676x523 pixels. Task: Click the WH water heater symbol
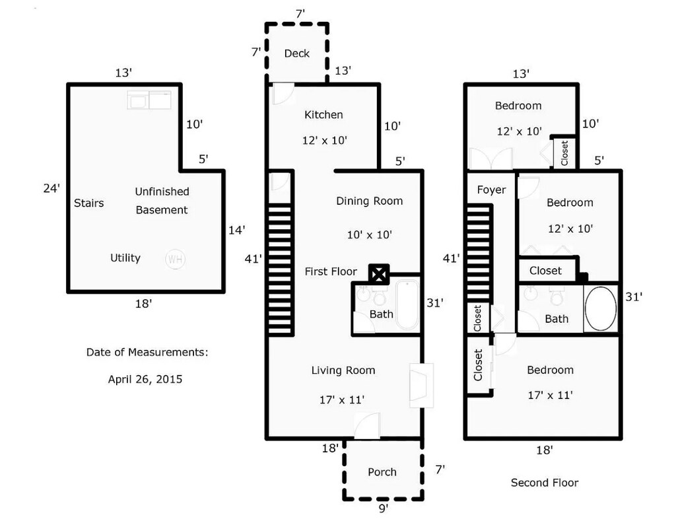coord(175,260)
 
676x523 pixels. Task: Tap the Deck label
coord(296,53)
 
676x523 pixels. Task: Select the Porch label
coord(382,472)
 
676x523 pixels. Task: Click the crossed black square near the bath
coord(380,273)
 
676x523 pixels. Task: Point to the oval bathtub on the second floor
coord(601,308)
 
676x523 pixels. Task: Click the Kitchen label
coord(323,115)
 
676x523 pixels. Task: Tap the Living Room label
coord(343,370)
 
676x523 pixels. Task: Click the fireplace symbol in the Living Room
coord(421,385)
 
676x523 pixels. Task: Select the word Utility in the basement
coord(125,258)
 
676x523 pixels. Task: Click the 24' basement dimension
coord(51,189)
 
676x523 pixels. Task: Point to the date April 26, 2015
coord(145,380)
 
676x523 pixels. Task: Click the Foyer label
coord(491,190)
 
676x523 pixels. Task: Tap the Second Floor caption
coord(545,483)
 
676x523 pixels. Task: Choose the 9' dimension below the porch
coord(383,508)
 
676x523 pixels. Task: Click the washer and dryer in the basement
coord(149,100)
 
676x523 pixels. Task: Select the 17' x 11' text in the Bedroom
coord(549,396)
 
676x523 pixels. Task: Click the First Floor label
coord(331,271)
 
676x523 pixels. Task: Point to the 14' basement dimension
coord(237,230)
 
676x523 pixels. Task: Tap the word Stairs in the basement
coord(88,203)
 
